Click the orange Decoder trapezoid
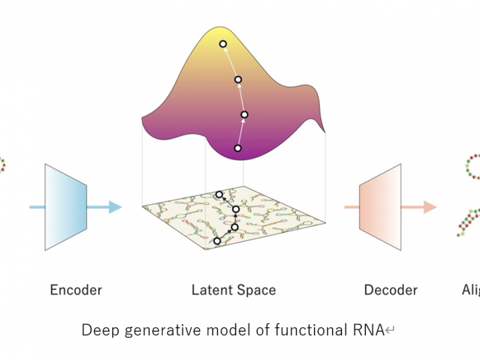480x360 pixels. pos(380,207)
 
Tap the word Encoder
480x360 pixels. pos(76,290)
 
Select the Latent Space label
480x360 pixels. pos(233,290)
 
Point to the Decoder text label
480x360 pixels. pos(391,290)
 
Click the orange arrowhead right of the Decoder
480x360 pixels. pos(430,207)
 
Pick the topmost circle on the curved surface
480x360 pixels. pos(223,44)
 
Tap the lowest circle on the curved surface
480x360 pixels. pos(237,148)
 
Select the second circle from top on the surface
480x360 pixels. pos(238,80)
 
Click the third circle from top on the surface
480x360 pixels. pos(244,115)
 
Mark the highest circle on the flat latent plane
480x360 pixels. pos(219,195)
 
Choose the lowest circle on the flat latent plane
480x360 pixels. pos(217,241)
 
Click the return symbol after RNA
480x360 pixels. pos(389,331)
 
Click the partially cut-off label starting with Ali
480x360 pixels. pos(470,290)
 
